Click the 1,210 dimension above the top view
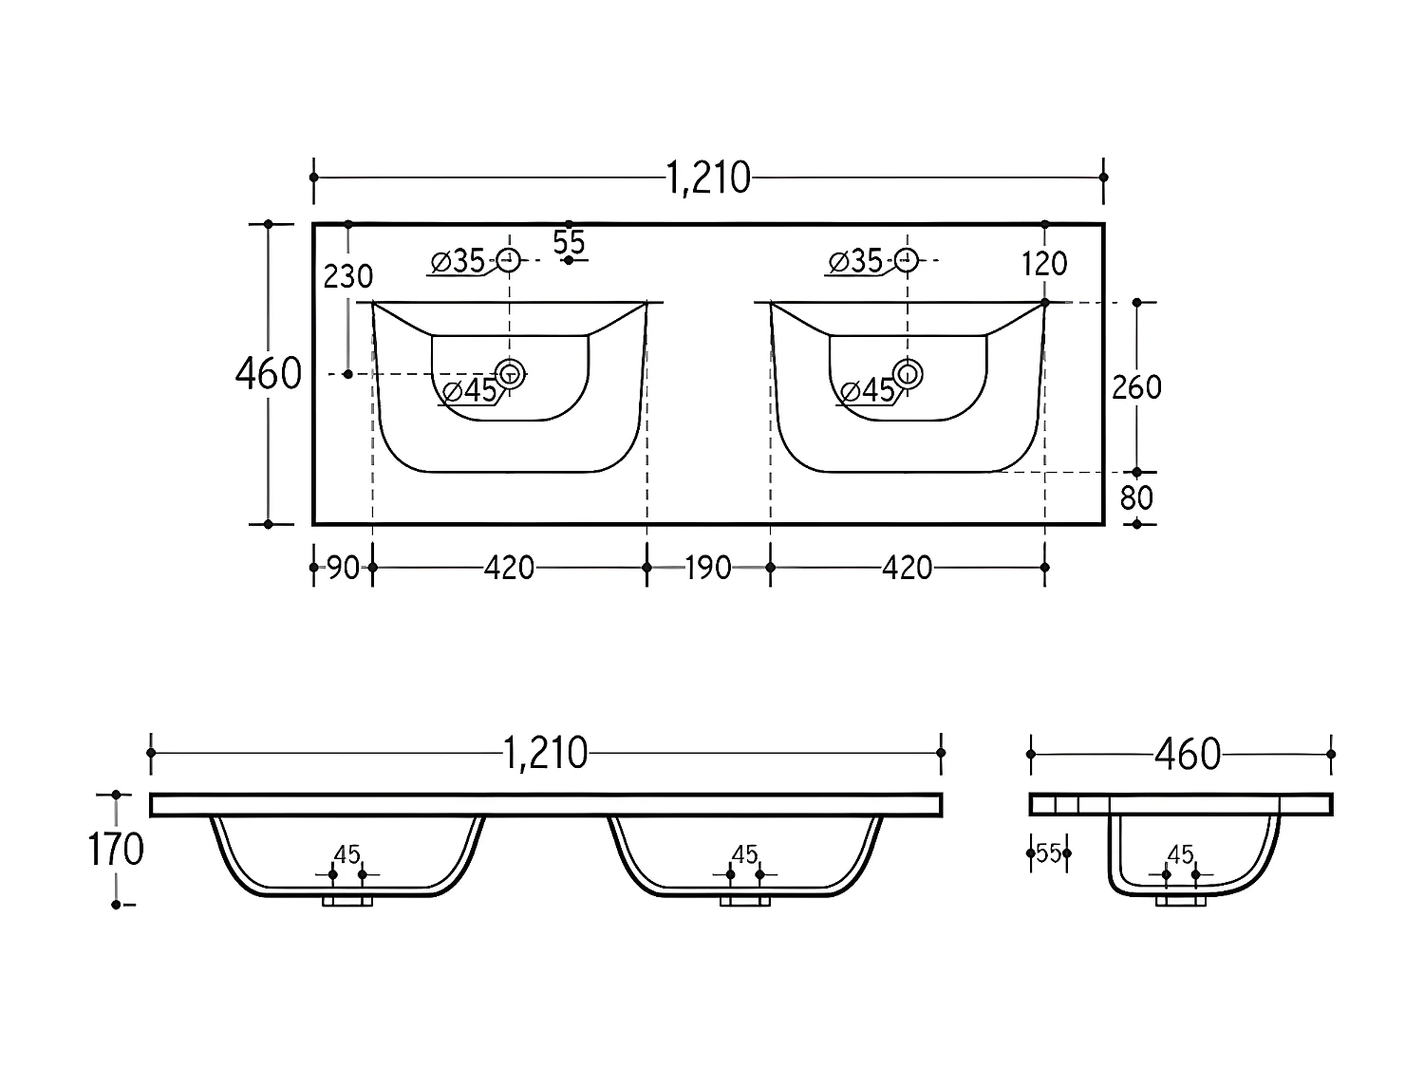pos(708,178)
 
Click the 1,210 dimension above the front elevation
pos(545,754)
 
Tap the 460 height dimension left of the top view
pos(268,374)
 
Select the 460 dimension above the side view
pos(1187,755)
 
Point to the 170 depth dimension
pos(116,850)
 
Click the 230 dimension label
pos(348,276)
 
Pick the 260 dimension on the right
pos(1136,387)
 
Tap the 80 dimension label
pos(1136,498)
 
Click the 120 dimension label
pos(1045,264)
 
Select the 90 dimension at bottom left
pos(343,569)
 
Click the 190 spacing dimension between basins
pos(708,569)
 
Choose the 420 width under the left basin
pos(510,569)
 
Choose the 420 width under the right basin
pos(908,569)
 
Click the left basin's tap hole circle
pos(510,259)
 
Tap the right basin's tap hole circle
pos(908,259)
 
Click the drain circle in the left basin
pos(511,374)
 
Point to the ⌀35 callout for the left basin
pos(459,261)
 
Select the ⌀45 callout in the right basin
pos(868,390)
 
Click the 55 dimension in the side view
pos(1048,853)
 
